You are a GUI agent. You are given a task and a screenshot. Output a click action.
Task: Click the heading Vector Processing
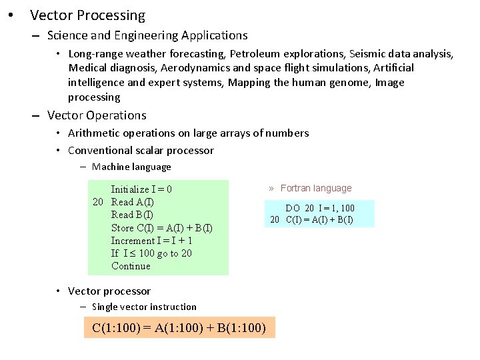click(87, 15)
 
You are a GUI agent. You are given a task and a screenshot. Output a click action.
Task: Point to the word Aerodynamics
click(198, 68)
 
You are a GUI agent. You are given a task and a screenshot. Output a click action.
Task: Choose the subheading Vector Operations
click(97, 115)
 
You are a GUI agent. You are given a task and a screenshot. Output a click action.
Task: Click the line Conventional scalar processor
click(141, 150)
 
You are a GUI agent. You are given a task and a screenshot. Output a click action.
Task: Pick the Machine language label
click(131, 167)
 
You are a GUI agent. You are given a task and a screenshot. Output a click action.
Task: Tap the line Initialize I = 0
click(141, 189)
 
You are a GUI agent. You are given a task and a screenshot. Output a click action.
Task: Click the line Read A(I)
click(132, 202)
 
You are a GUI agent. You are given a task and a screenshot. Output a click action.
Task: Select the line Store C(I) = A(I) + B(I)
click(162, 228)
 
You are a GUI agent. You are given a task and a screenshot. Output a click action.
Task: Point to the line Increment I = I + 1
click(152, 241)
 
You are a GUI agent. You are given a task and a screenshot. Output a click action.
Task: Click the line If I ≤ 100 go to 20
click(151, 253)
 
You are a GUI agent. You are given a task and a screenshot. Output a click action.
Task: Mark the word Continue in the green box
click(131, 266)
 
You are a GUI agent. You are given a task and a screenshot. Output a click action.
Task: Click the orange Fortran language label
click(315, 189)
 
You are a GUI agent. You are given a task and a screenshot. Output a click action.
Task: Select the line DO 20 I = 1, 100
click(320, 209)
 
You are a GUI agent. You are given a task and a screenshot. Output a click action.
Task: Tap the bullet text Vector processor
click(109, 291)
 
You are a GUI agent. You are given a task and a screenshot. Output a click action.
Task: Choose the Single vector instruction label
click(144, 307)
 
